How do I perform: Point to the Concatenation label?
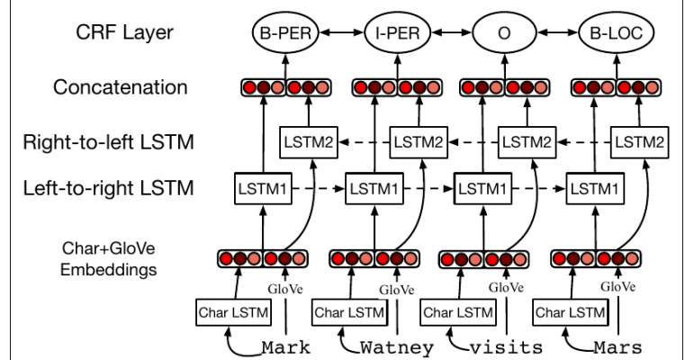tap(121, 88)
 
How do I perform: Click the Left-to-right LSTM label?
tap(109, 190)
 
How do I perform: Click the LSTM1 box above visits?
tap(481, 190)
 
